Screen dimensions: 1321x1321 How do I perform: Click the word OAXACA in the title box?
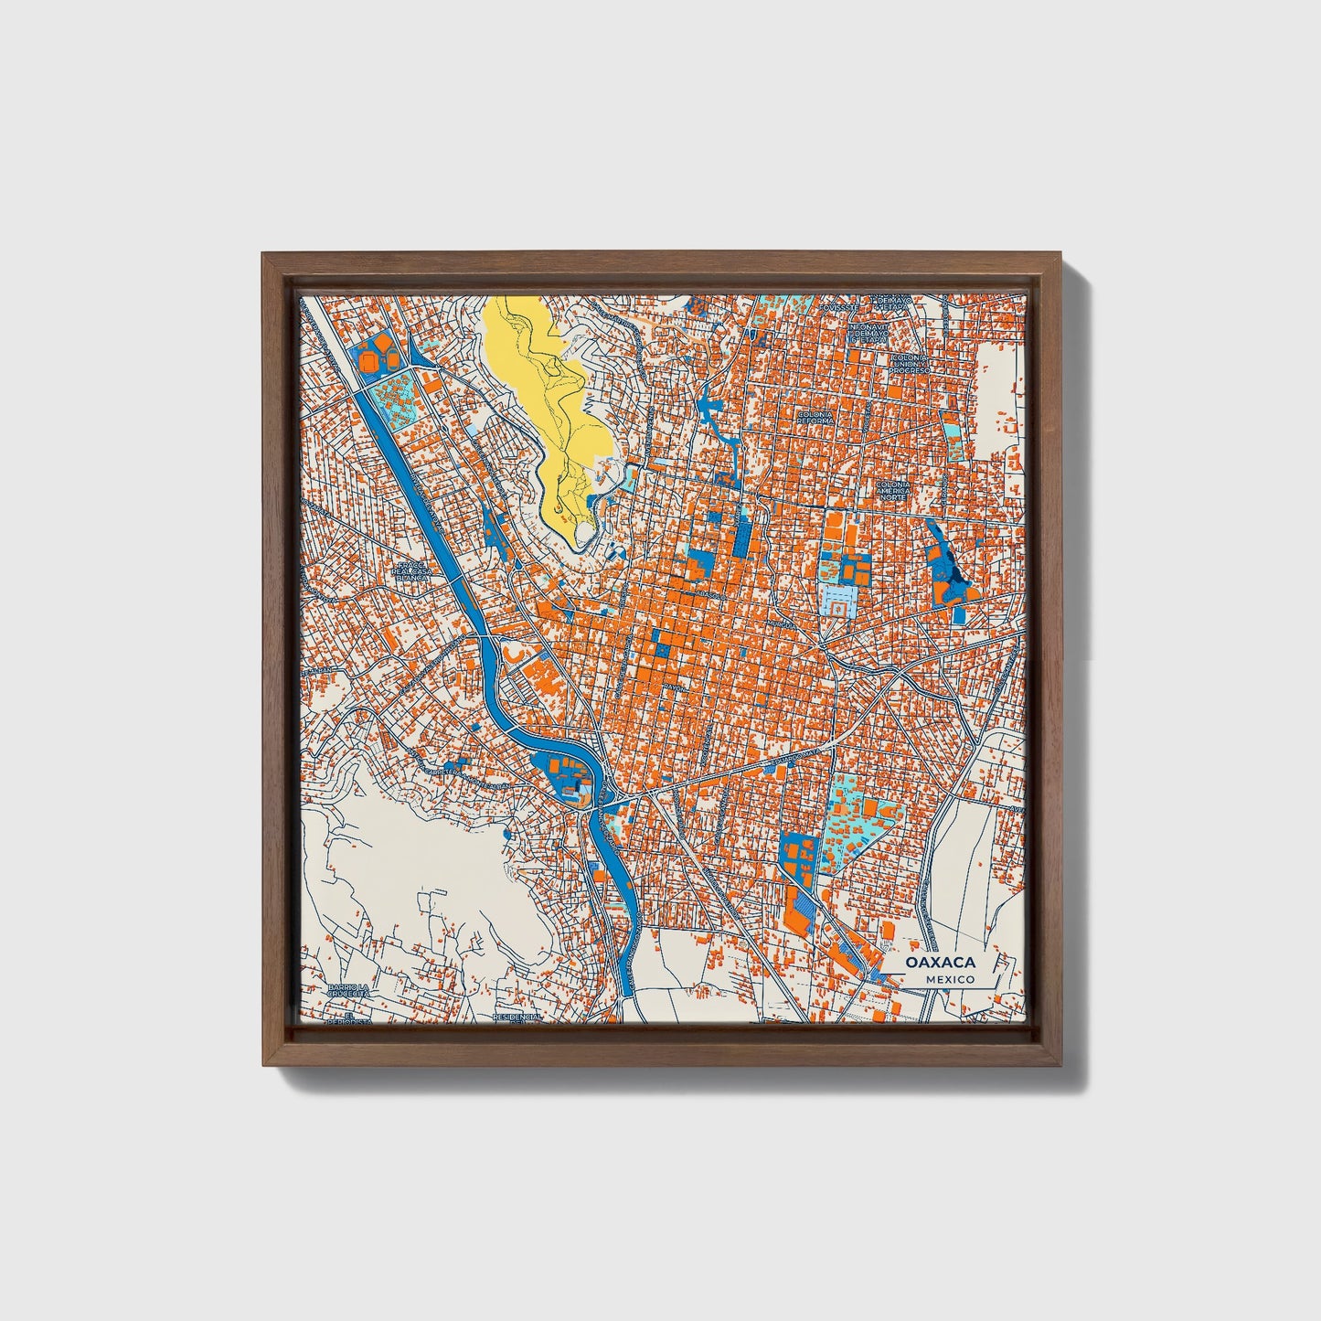pos(941,963)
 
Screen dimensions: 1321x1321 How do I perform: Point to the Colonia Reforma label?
pos(815,418)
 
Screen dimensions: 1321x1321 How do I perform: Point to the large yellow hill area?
pos(539,393)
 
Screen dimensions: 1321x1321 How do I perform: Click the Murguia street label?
pos(779,623)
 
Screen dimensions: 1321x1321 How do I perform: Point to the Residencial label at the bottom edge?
pos(517,1017)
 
